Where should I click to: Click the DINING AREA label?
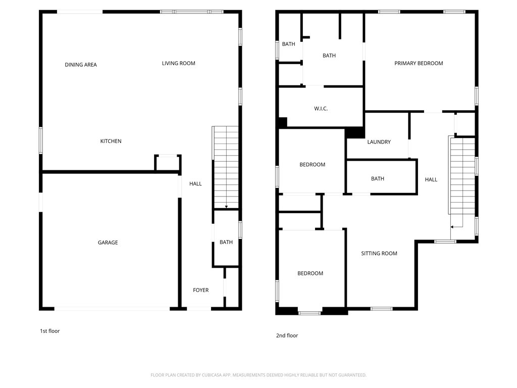point(81,65)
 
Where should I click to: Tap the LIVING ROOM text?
point(178,63)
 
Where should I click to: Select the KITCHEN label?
point(111,141)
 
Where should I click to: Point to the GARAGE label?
point(108,243)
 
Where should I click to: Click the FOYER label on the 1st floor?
point(200,290)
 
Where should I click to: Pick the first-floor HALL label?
point(195,183)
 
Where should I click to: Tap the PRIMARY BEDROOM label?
point(419,63)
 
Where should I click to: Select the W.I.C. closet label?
point(321,109)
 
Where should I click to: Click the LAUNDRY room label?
point(379,142)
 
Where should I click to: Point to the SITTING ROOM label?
point(379,254)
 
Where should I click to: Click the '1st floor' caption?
point(49,331)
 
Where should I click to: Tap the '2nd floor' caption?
point(287,335)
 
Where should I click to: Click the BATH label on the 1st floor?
point(226,243)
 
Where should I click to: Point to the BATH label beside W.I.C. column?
point(329,56)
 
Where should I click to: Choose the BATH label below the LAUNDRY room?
point(377,178)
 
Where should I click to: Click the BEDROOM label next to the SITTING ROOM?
point(310,273)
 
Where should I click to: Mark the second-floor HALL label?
point(431,179)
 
